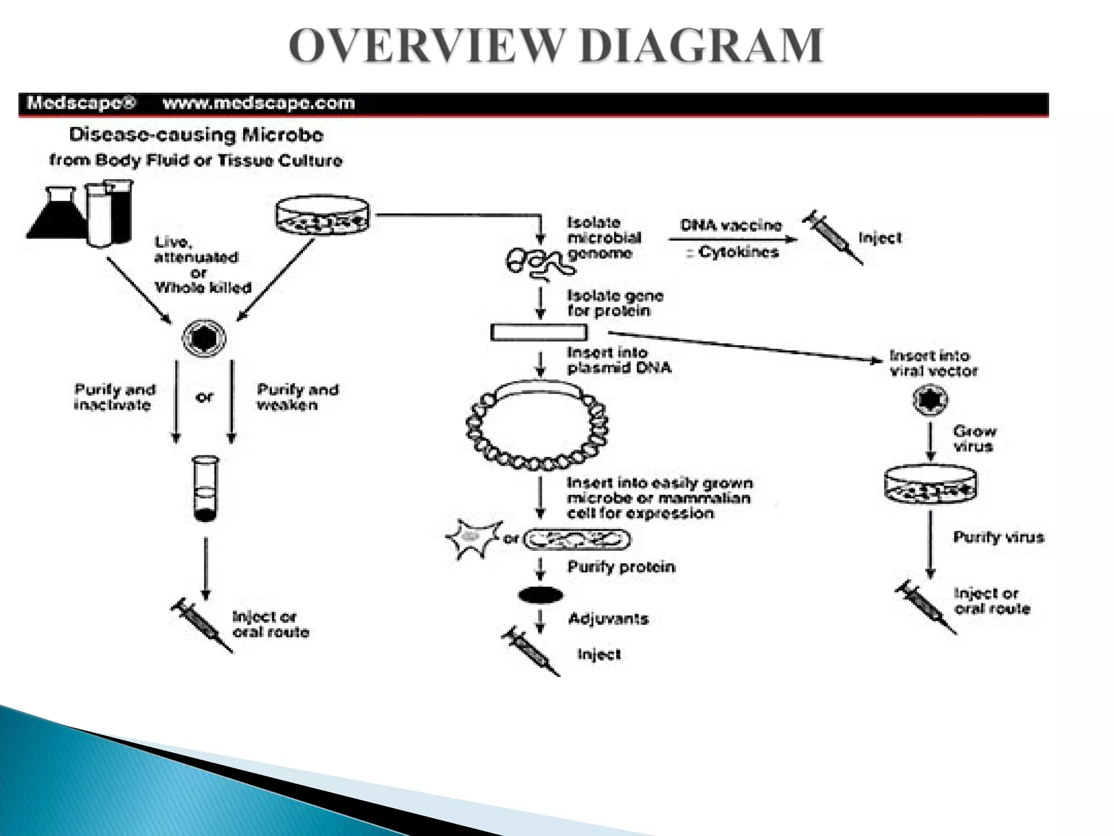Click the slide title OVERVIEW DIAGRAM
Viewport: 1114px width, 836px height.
556,46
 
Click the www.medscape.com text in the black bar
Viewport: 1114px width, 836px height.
259,103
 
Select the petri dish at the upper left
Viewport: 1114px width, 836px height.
322,216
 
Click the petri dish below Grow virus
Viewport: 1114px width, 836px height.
930,484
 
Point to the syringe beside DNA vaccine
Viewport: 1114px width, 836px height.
831,237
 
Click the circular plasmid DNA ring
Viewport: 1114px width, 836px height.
537,426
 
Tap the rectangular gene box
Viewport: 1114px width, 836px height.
539,332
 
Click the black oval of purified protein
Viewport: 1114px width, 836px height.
540,595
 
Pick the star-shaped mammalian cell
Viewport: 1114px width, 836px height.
473,538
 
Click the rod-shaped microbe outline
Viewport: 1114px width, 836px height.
577,539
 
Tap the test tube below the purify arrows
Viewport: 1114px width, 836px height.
206,488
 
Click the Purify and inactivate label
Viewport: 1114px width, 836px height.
115,397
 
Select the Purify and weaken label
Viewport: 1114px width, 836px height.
298,397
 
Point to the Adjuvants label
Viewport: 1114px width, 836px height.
608,619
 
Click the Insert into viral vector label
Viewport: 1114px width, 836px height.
933,363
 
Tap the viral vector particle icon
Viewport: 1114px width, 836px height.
930,400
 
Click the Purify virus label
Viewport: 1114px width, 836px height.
998,537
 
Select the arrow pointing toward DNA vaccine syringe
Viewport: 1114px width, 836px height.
732,239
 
